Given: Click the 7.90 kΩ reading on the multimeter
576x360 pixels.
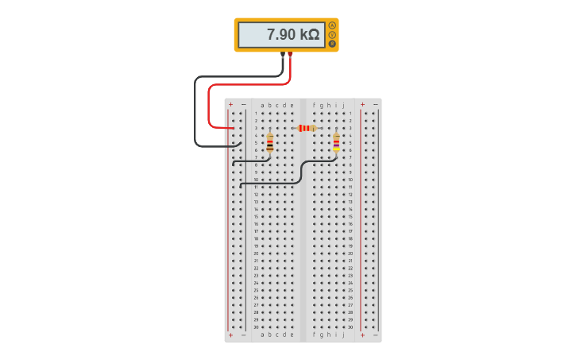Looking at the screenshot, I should (x=292, y=34).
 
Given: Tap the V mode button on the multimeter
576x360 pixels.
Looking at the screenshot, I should (x=332, y=34).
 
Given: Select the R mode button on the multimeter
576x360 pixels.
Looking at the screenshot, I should (x=332, y=44).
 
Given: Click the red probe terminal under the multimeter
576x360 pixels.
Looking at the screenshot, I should (x=290, y=54).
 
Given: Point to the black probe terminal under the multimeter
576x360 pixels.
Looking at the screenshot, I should (x=283, y=54).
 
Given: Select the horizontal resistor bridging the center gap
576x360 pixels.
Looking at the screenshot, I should (x=306, y=128).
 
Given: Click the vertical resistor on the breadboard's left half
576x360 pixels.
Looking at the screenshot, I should (x=269, y=142).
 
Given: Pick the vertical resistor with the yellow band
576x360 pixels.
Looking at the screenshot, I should (x=336, y=142).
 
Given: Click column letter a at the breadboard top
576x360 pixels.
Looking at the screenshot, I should (x=262, y=105).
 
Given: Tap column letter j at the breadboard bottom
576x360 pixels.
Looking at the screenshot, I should (x=343, y=335).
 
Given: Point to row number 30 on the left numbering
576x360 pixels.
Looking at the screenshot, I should (x=256, y=327).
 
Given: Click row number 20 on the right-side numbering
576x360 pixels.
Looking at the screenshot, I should (x=350, y=253).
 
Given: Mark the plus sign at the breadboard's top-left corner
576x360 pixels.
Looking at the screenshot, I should (x=231, y=104).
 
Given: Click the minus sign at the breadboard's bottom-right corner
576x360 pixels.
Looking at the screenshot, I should (x=376, y=335).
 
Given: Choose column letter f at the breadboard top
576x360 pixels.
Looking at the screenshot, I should (x=314, y=105).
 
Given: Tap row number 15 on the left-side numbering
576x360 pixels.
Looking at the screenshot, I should (x=256, y=216).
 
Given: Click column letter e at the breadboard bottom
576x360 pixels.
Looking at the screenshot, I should (x=292, y=335).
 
